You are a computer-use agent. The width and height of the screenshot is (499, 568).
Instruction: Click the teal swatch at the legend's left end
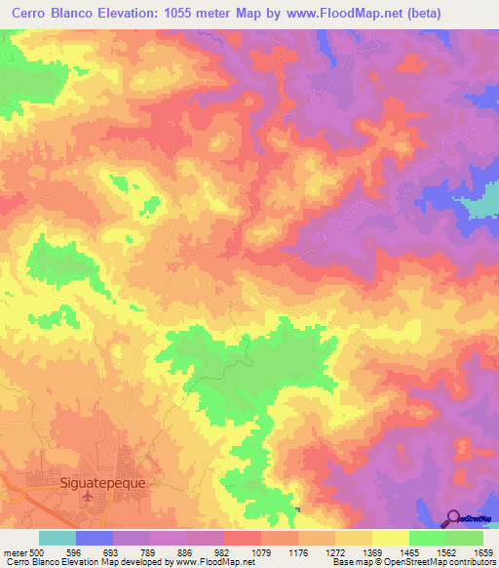click(x=58, y=538)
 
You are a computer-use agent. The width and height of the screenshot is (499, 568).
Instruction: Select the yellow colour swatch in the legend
click(x=391, y=538)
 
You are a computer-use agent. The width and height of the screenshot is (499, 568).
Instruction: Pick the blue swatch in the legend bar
click(x=95, y=538)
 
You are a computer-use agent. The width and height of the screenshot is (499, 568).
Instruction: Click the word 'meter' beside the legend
click(x=16, y=552)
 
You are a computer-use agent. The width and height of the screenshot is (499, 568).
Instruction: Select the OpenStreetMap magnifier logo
click(x=454, y=517)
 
